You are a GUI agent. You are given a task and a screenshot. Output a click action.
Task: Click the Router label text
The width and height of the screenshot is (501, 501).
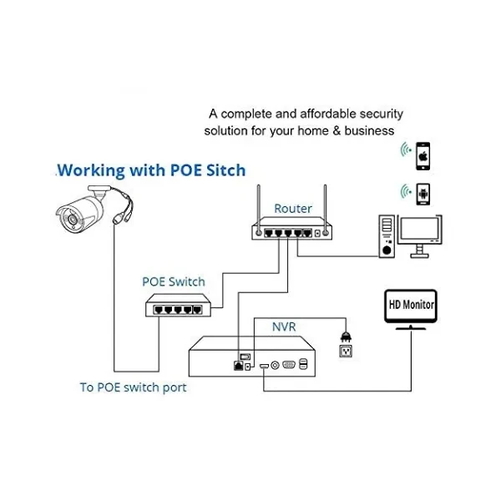[x=293, y=209]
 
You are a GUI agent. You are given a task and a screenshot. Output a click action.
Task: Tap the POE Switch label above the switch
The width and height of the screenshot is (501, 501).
[x=174, y=281]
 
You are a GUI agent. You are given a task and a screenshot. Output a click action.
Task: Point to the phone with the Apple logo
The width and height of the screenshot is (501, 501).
[x=423, y=154]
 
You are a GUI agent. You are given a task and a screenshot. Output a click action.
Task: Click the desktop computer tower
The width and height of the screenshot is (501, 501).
[x=386, y=235]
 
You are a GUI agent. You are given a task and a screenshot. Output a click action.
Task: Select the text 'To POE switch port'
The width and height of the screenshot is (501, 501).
[x=133, y=387]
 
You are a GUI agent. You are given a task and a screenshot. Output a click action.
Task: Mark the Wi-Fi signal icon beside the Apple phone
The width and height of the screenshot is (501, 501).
[x=405, y=151]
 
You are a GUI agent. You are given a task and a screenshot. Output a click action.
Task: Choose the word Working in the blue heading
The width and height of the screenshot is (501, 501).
[x=91, y=170]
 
